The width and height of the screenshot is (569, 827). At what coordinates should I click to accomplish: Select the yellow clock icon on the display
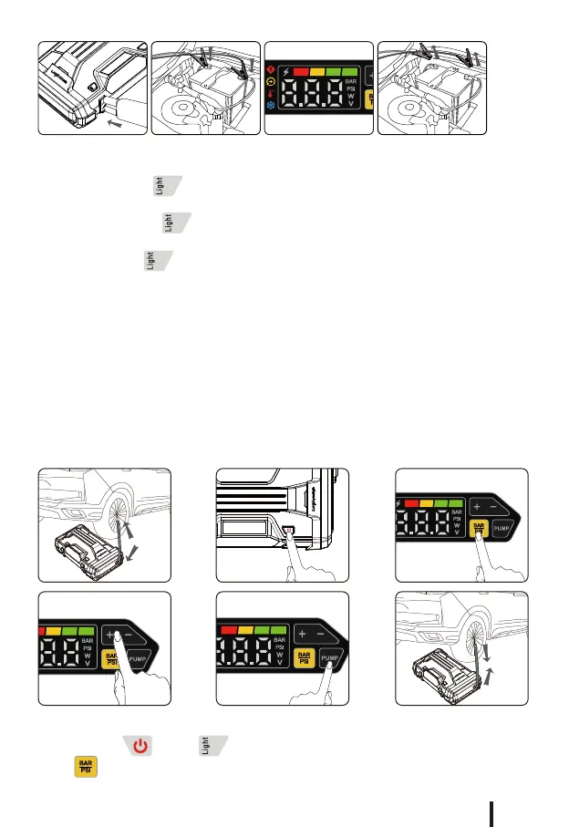pos(271,82)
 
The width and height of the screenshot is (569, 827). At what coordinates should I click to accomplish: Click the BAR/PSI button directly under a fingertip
pos(476,528)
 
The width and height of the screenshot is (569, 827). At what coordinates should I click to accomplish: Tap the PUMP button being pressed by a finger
pos(330,658)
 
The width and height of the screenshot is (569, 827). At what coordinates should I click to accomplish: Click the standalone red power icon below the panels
pos(140,747)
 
